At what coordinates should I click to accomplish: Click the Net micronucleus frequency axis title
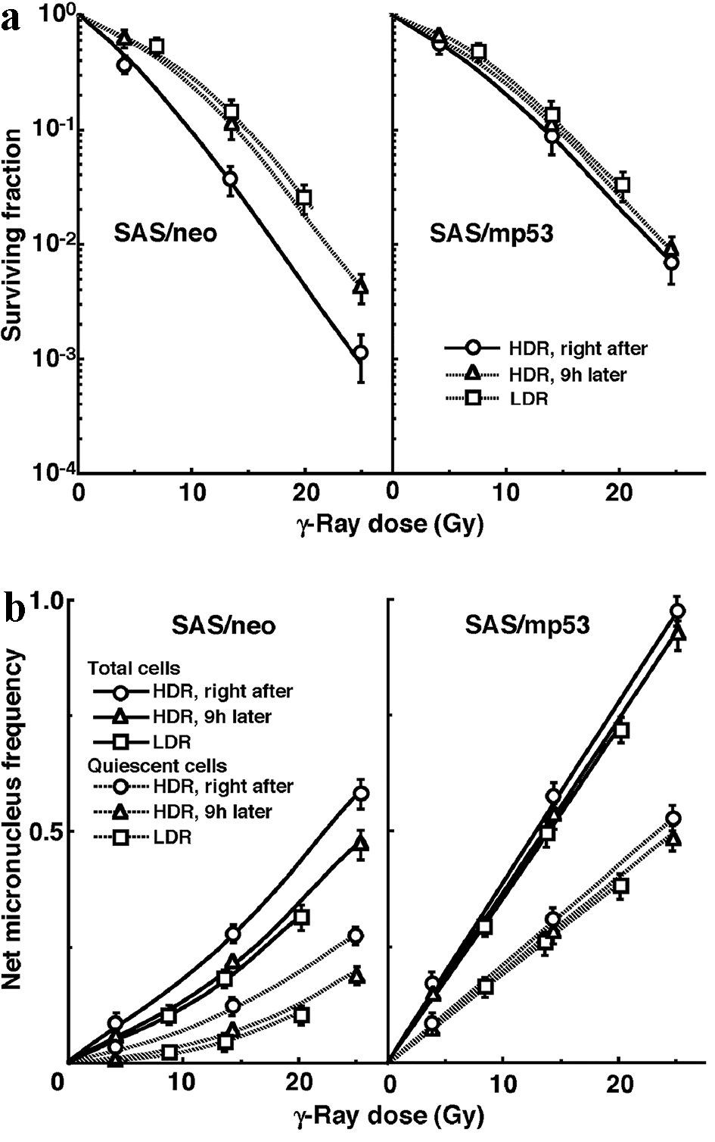click(14, 821)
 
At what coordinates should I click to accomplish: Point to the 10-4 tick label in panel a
click(49, 472)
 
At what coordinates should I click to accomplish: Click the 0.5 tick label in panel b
click(44, 832)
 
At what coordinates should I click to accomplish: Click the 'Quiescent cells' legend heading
click(157, 766)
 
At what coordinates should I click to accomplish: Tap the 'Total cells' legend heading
click(134, 668)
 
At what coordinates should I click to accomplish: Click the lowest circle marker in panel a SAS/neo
click(361, 353)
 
